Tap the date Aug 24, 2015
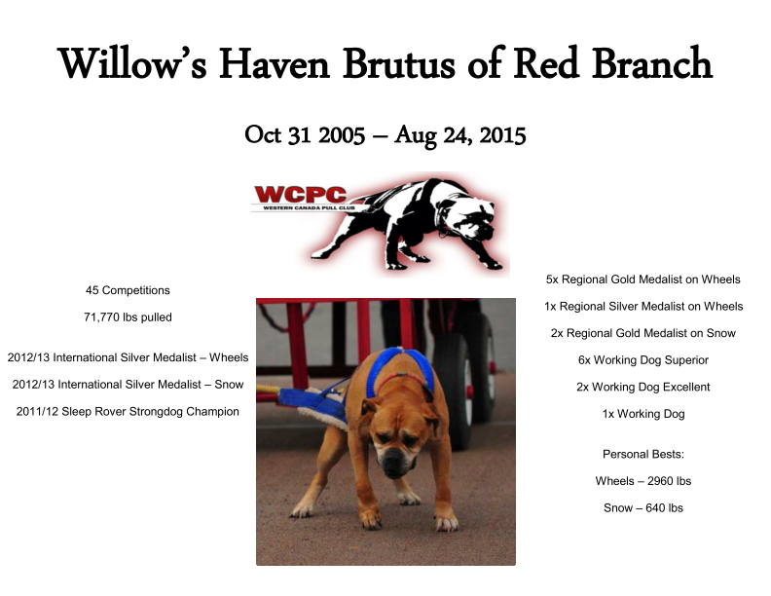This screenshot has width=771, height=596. (x=460, y=135)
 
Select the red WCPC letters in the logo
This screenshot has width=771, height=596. (x=301, y=195)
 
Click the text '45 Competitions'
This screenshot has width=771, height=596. (x=128, y=290)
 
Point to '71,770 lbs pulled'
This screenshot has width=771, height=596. (x=128, y=317)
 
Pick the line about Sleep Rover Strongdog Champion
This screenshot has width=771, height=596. (x=128, y=412)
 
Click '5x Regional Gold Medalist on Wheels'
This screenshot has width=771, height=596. (x=643, y=279)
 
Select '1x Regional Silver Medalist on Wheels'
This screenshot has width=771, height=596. (x=643, y=307)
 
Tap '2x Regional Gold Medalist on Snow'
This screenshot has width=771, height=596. (x=643, y=333)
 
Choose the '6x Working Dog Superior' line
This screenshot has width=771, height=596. (x=643, y=360)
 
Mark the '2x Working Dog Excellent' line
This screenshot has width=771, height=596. (x=643, y=387)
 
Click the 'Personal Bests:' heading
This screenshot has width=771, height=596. (x=643, y=455)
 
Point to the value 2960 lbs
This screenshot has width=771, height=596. (x=669, y=481)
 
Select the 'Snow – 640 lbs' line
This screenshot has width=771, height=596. (x=643, y=508)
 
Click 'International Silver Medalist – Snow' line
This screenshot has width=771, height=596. (x=128, y=385)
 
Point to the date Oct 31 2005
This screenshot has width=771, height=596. (x=305, y=135)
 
